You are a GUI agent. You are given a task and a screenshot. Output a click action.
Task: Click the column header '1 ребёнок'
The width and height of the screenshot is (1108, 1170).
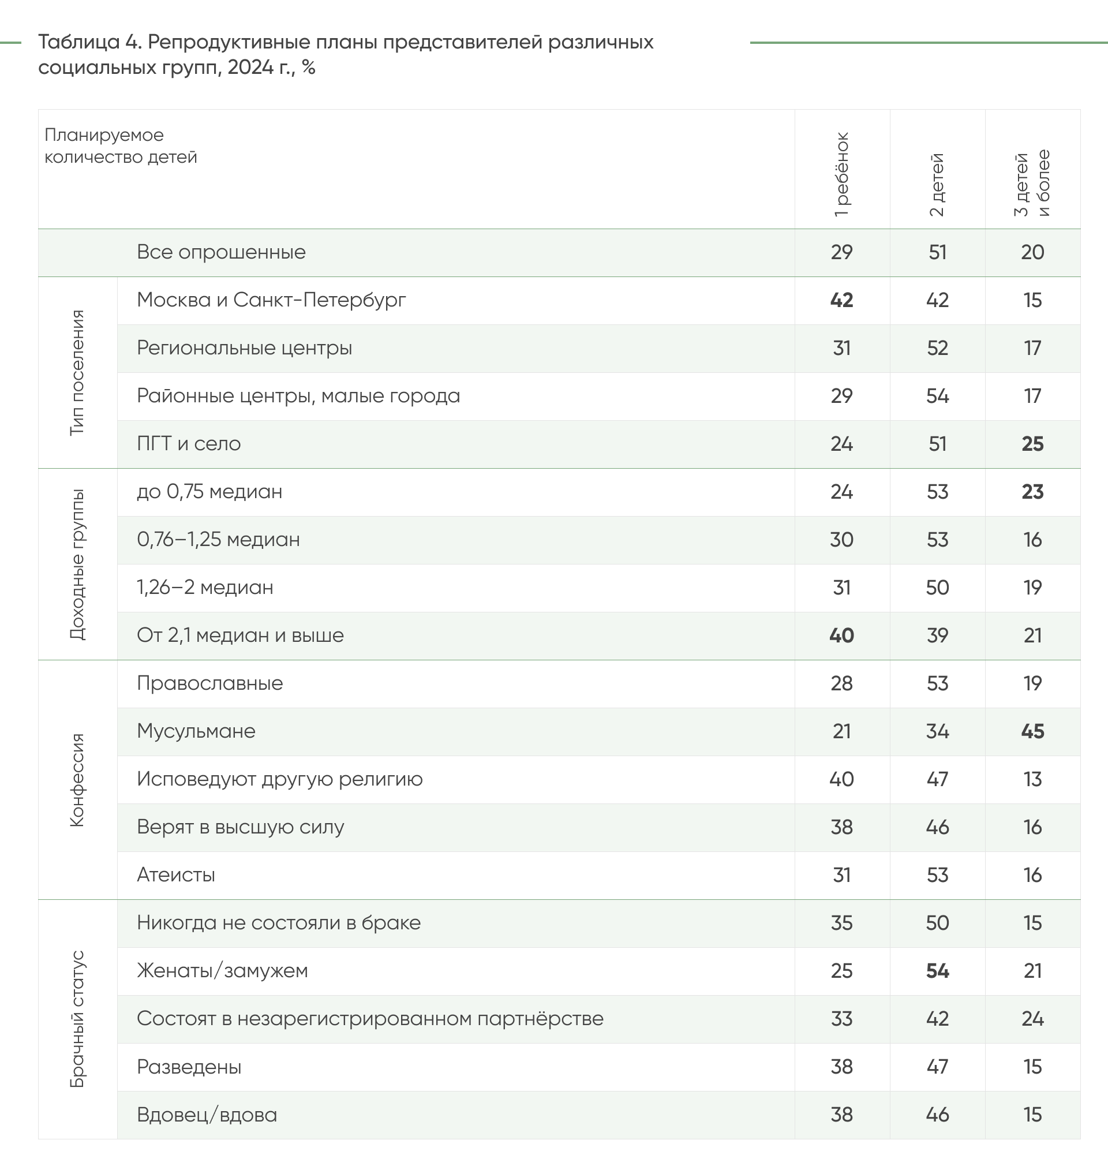coord(841,175)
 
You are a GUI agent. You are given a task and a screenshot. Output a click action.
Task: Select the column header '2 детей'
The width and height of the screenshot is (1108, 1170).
coord(937,185)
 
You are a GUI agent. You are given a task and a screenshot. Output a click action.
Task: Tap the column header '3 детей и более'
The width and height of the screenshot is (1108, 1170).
coord(1032,184)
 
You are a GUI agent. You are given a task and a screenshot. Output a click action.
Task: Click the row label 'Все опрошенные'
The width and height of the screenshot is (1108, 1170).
coord(221,252)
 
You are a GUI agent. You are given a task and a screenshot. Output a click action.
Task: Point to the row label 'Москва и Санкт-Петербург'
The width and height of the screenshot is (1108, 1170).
coord(271,300)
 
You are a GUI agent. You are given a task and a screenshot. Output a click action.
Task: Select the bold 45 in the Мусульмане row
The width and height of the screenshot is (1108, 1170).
coord(1032,731)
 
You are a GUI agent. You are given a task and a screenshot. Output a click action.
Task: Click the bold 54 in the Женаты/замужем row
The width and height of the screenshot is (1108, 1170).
coord(937,971)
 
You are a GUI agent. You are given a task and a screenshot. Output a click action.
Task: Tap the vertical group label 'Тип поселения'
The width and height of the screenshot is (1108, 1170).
coord(77,373)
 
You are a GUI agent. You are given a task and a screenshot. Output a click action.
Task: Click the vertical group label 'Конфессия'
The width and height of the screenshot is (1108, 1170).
coord(77,780)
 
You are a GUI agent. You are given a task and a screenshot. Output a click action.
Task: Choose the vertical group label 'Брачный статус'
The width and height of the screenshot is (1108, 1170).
coord(77,1019)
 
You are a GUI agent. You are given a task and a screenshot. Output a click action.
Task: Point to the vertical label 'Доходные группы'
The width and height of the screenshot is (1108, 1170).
coord(77,564)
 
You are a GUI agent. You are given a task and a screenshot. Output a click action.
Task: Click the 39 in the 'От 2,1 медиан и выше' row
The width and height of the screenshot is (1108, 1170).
coord(937,636)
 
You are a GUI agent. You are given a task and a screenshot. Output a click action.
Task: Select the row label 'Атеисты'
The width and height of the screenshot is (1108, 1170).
coord(175,874)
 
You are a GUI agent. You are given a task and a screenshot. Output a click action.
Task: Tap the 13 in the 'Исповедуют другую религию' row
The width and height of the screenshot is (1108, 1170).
coord(1032,779)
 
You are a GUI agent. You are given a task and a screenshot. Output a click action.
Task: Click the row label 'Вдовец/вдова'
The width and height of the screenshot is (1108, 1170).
coord(207,1115)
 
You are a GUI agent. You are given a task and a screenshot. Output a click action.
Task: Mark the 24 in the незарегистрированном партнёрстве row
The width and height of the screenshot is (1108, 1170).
coord(1032,1019)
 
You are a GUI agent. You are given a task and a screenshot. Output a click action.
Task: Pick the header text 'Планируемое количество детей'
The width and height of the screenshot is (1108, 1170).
coord(121,146)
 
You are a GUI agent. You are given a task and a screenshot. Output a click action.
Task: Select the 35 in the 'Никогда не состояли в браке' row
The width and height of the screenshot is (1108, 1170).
coord(841,923)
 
